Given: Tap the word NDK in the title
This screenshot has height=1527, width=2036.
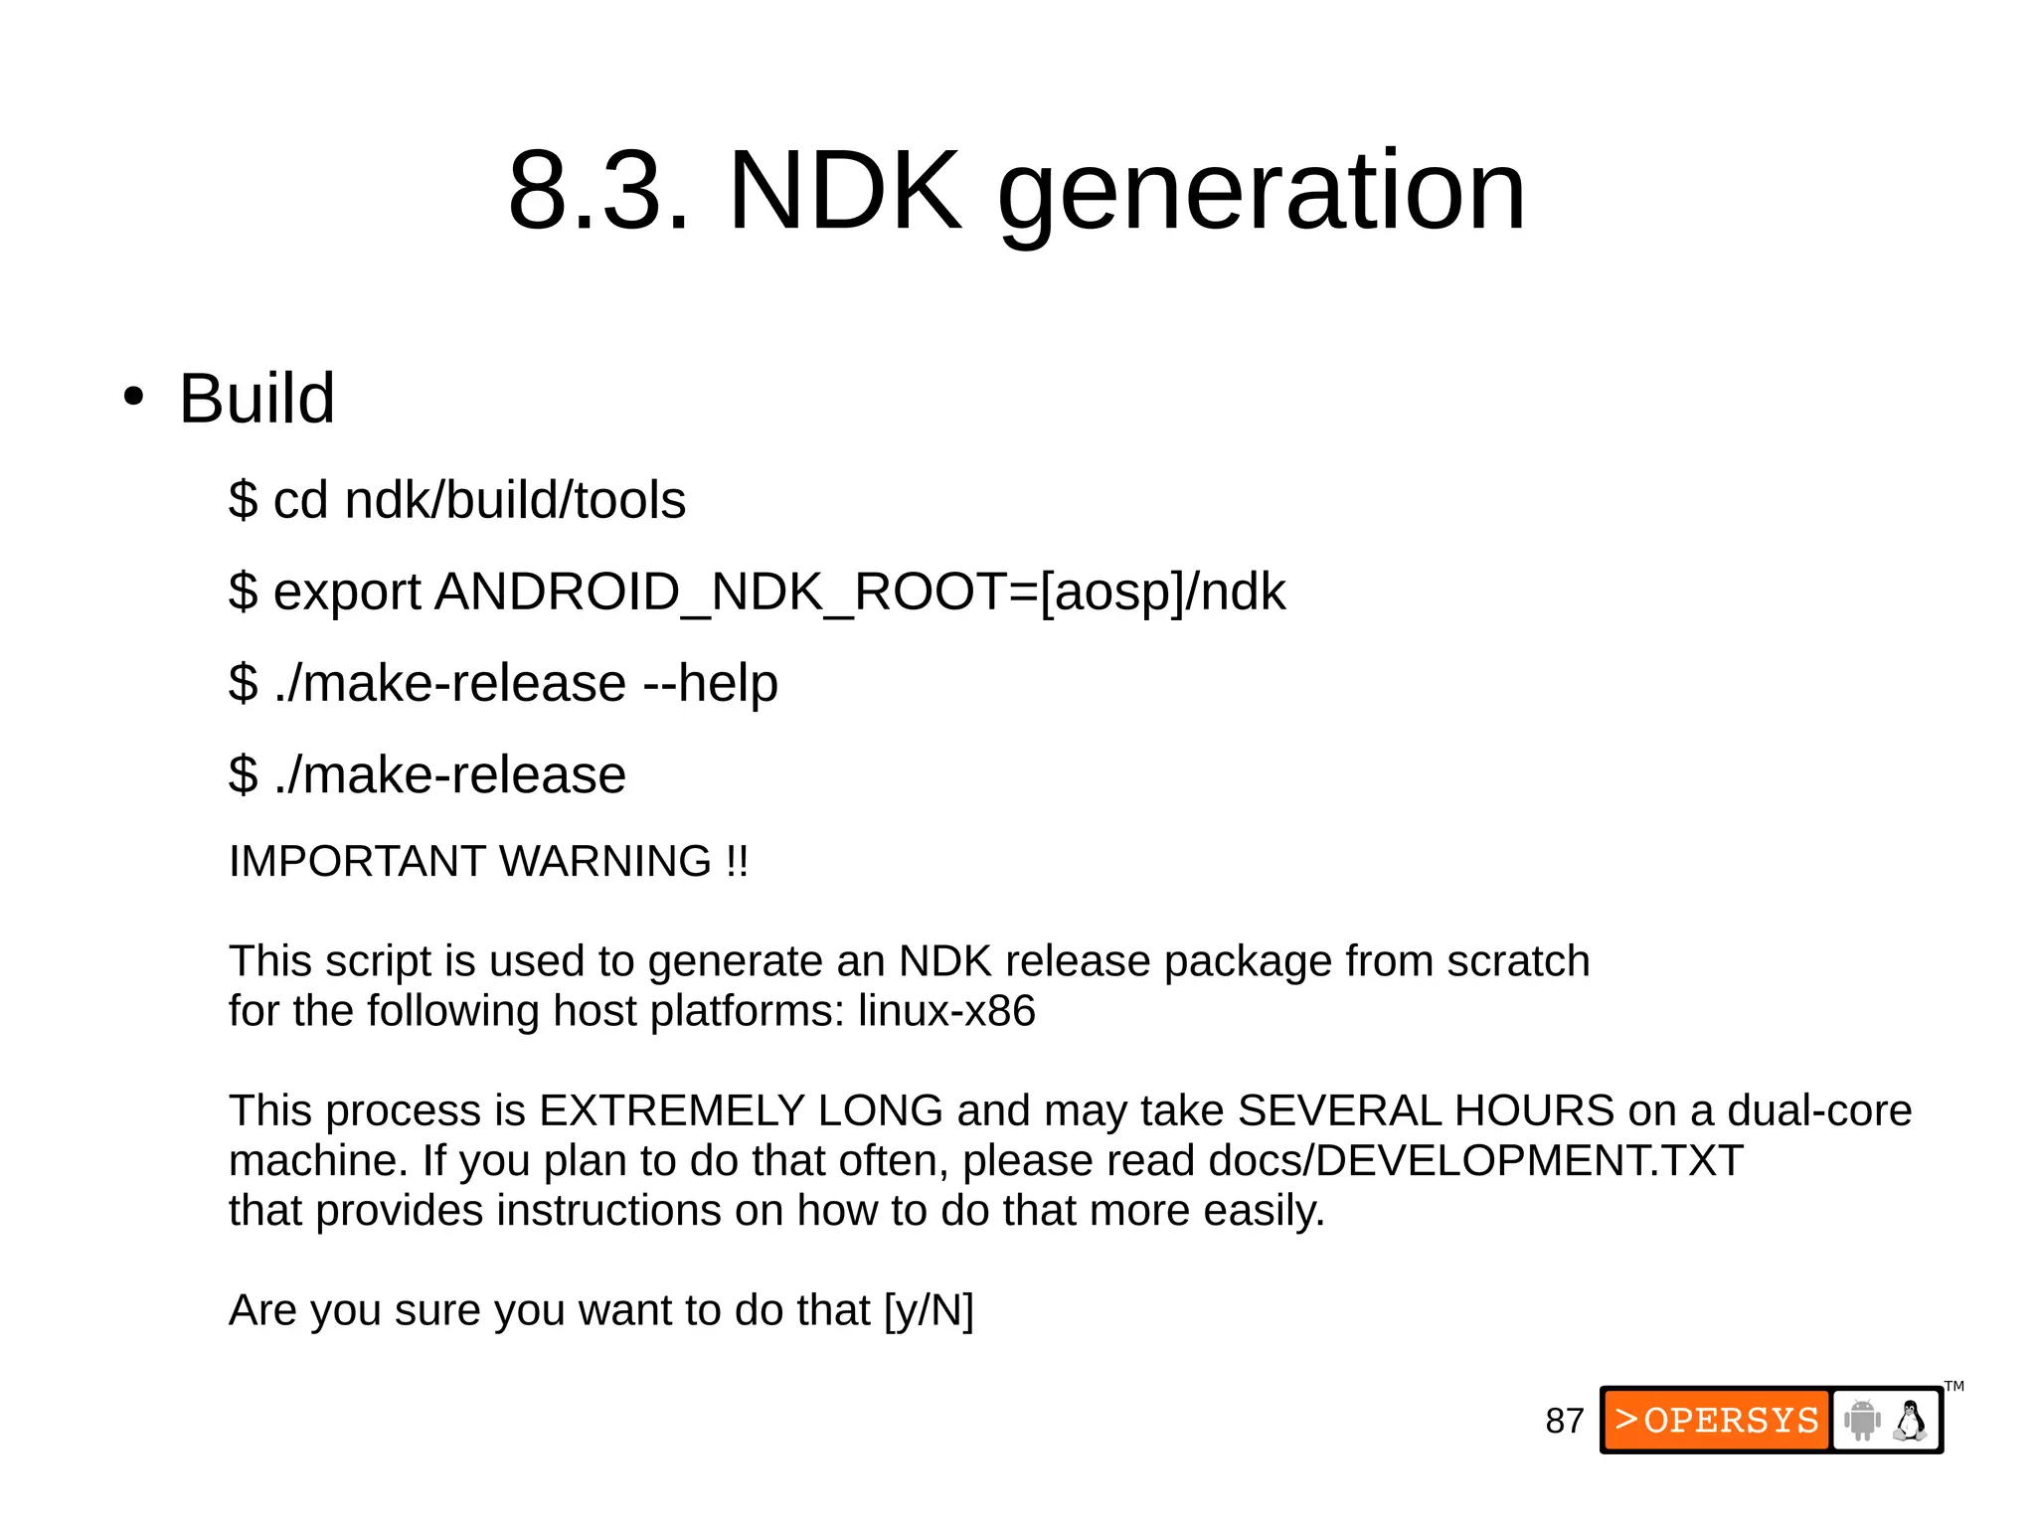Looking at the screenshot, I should click(x=845, y=191).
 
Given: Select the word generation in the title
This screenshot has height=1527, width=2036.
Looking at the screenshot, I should click(x=1261, y=194).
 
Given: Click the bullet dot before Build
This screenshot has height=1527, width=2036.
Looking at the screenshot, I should click(x=133, y=398).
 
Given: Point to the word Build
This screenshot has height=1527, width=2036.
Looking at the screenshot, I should click(x=256, y=399).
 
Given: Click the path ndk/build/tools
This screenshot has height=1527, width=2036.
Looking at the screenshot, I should click(x=515, y=499).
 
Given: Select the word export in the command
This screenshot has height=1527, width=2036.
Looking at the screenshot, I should click(x=347, y=593).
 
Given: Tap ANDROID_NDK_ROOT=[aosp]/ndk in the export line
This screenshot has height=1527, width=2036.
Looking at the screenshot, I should click(x=860, y=593).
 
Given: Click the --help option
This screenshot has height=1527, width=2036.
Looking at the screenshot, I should click(x=710, y=683).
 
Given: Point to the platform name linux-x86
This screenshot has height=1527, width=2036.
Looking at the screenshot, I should click(x=946, y=1011).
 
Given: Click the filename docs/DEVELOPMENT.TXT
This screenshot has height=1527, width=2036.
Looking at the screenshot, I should click(x=1475, y=1160).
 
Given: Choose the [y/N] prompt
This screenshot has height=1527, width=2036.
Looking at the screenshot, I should click(x=929, y=1310).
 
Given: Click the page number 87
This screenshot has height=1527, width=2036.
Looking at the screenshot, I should click(x=1564, y=1421).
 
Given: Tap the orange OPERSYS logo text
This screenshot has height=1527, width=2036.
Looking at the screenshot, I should click(x=1717, y=1420).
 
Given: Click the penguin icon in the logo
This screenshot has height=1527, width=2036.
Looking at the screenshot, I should click(x=1909, y=1421).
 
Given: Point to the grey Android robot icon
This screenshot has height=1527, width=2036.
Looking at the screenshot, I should click(x=1861, y=1420).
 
